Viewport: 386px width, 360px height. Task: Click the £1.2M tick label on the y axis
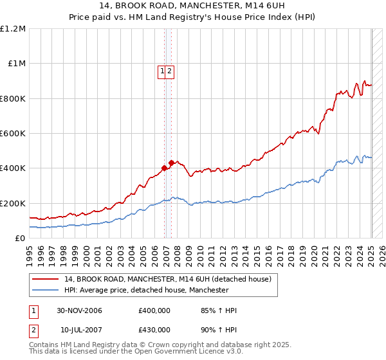pos(13,29)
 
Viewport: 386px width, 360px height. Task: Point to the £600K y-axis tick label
pos(13,134)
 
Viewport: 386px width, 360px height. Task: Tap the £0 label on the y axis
pos(21,238)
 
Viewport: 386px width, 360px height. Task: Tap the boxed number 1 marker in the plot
pos(163,72)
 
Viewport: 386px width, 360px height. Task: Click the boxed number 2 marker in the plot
pos(170,72)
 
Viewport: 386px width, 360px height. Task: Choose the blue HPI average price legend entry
pos(146,291)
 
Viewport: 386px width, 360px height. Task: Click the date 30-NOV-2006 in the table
pos(79,310)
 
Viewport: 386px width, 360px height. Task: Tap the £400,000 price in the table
pos(154,310)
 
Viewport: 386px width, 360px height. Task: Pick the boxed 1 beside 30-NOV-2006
pos(33,310)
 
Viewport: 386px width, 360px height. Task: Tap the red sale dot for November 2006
pos(164,168)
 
